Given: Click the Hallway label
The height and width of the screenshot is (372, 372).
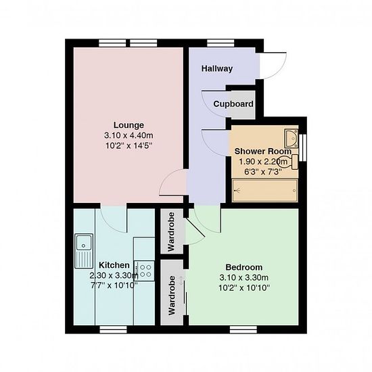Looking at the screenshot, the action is point(217,69).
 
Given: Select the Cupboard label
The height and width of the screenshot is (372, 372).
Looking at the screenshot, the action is point(233,104).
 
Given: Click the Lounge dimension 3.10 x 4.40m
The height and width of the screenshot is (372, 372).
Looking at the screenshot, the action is point(129,135).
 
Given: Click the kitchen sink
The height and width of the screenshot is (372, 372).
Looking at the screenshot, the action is point(84,251).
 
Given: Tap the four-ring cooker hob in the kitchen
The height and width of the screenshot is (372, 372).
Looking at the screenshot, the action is point(144,271).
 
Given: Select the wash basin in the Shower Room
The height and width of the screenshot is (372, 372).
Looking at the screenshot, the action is point(292,138).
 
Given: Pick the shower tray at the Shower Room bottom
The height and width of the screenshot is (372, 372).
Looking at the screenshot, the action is point(264,191).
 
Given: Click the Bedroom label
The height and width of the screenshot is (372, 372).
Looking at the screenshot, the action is point(244,267).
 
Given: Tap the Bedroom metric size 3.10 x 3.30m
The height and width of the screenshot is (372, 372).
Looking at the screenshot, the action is point(244,277).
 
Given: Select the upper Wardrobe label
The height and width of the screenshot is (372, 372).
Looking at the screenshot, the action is point(171,231).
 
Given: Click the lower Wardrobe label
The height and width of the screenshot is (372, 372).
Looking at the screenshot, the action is point(172,296).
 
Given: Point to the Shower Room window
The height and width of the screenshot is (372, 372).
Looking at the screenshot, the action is point(303,147).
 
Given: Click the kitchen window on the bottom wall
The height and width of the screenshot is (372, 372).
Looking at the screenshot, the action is point(113,329).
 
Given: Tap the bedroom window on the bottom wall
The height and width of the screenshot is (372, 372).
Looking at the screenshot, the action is point(243,329).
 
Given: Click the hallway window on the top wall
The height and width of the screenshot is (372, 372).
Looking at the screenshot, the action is point(220,43).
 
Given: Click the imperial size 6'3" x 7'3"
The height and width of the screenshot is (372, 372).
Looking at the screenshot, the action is point(263,172).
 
